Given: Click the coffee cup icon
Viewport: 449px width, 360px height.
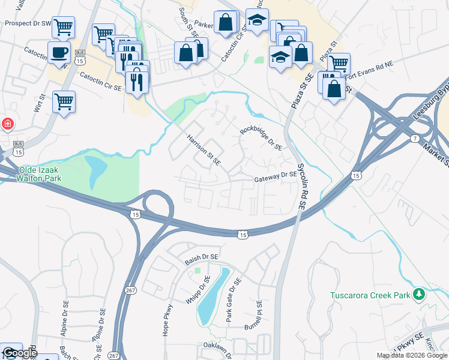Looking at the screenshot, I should pyautogui.click(x=59, y=52).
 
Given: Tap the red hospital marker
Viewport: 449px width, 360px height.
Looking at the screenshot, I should pyautogui.click(x=7, y=124).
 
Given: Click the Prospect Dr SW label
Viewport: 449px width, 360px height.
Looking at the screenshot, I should pyautogui.click(x=26, y=23).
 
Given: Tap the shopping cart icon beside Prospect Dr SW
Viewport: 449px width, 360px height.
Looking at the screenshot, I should pyautogui.click(x=63, y=27).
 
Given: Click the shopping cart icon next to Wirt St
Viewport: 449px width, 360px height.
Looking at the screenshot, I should pyautogui.click(x=64, y=101).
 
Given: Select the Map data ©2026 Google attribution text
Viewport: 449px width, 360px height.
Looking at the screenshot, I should pyautogui.click(x=411, y=355).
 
